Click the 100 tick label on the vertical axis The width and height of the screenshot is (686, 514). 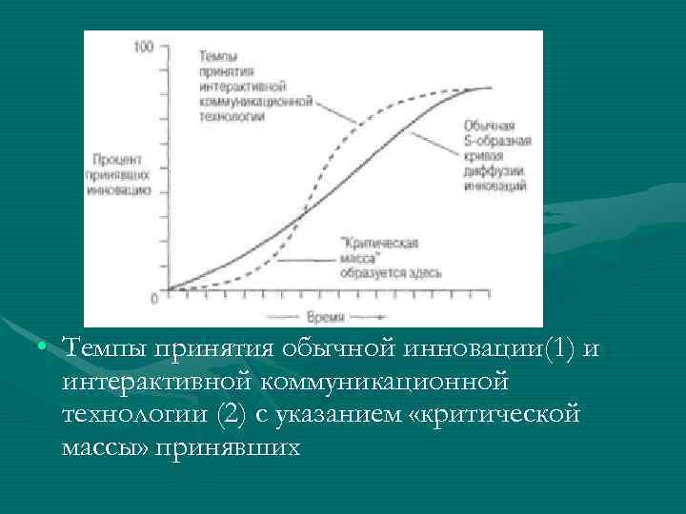click(x=144, y=47)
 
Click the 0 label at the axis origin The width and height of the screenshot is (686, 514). click(x=153, y=299)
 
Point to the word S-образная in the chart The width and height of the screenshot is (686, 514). click(x=496, y=141)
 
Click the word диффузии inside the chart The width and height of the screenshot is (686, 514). click(x=492, y=171)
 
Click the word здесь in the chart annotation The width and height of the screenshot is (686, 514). click(x=423, y=273)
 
